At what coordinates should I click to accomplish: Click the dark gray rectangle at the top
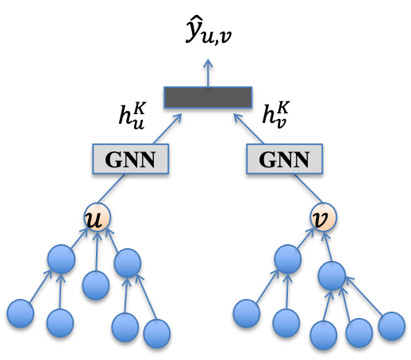pyautogui.click(x=208, y=97)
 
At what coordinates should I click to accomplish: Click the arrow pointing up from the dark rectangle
pyautogui.click(x=208, y=72)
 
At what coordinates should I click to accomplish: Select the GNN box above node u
pyautogui.click(x=130, y=159)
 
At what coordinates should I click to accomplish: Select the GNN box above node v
pyautogui.click(x=284, y=159)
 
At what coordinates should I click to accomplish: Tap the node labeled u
pyautogui.click(x=98, y=216)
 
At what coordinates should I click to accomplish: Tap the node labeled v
pyautogui.click(x=323, y=216)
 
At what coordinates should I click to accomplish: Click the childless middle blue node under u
pyautogui.click(x=96, y=285)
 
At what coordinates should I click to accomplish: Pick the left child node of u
pyautogui.click(x=61, y=259)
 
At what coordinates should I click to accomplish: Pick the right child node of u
pyautogui.click(x=127, y=263)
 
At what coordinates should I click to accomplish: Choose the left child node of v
pyautogui.click(x=287, y=259)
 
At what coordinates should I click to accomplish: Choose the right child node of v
pyautogui.click(x=332, y=276)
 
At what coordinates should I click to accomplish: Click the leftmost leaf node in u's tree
pyautogui.click(x=21, y=313)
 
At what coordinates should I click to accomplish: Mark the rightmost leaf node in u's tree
pyautogui.click(x=156, y=333)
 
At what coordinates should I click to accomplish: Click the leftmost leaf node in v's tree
pyautogui.click(x=247, y=313)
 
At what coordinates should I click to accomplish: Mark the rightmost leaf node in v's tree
pyautogui.click(x=391, y=326)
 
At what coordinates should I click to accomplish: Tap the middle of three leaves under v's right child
pyautogui.click(x=359, y=332)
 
